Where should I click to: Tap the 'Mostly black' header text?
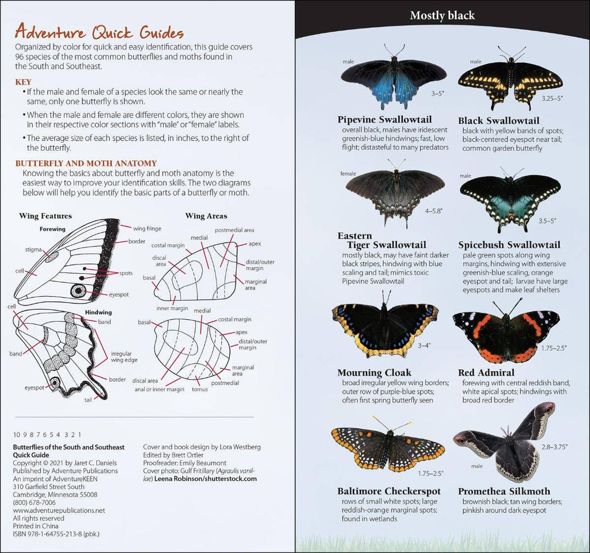(x=442, y=15)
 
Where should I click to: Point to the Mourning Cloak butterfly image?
(x=384, y=329)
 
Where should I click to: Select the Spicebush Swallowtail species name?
(x=509, y=245)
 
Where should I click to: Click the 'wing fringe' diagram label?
(x=147, y=229)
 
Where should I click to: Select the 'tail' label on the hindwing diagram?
(x=88, y=399)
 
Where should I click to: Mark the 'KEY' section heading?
(x=24, y=82)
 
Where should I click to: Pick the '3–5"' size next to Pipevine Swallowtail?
(x=439, y=92)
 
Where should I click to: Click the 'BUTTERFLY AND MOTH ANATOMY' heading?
(x=86, y=164)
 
